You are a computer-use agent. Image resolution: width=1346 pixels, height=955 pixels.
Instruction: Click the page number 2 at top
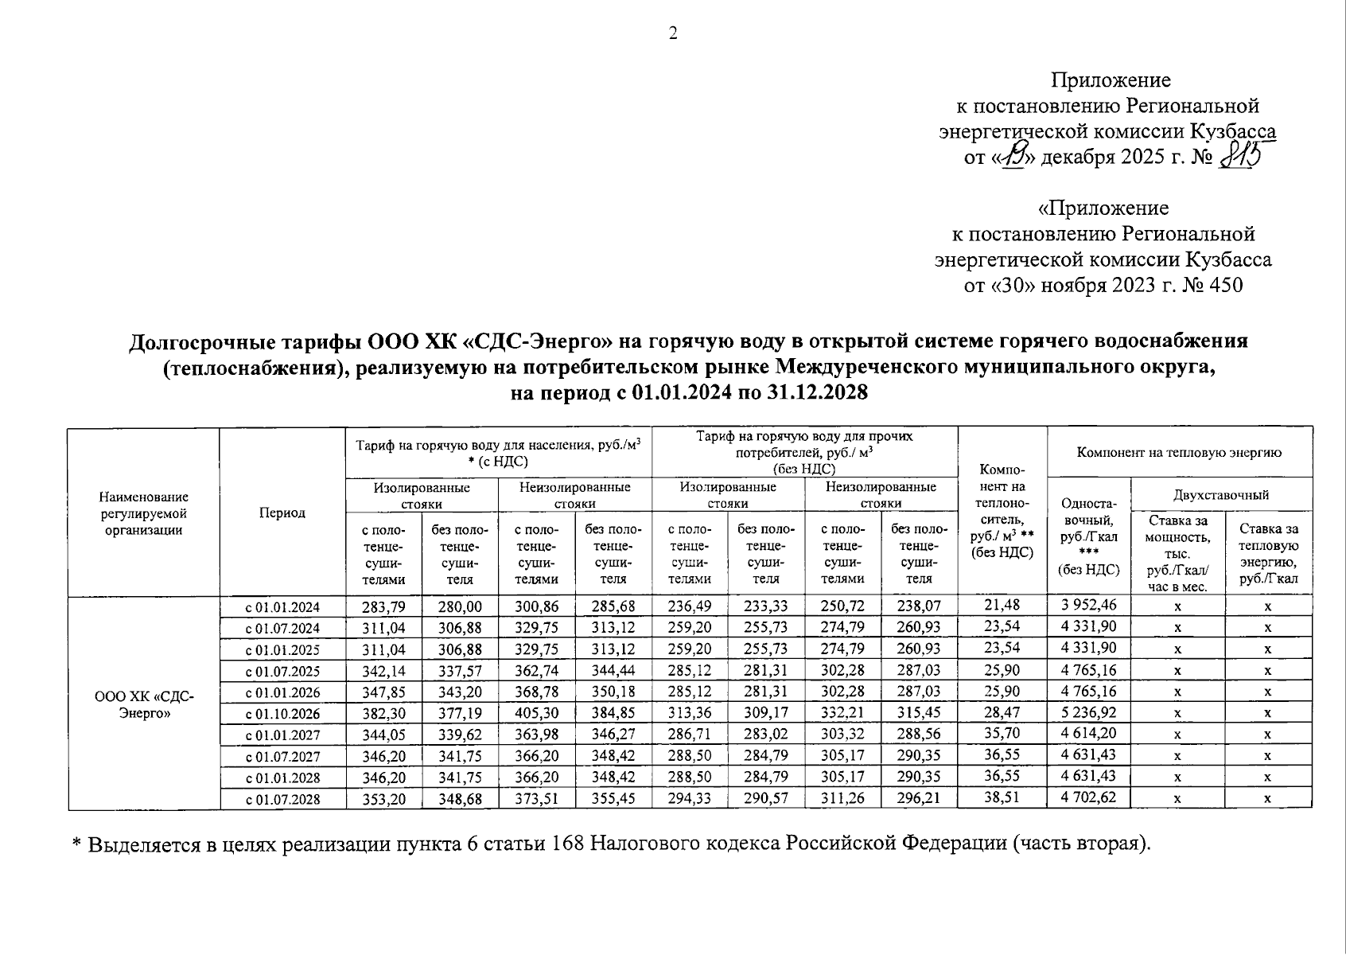coord(672,33)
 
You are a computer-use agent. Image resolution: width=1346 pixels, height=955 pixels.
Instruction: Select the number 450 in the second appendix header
coord(1225,285)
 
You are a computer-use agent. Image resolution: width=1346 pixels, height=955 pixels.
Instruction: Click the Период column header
coord(282,513)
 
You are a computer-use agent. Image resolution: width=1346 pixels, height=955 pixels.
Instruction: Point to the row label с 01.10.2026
coord(283,713)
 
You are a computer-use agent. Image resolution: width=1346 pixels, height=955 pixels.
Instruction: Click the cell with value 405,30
coord(537,713)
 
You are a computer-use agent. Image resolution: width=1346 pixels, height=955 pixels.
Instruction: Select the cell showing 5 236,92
coord(1088,713)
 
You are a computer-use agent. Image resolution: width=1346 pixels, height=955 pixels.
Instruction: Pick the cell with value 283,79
coord(383,606)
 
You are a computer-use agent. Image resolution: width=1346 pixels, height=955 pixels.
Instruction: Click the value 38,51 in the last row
coord(1002,797)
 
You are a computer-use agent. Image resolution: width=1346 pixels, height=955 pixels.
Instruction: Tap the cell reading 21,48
coord(1002,606)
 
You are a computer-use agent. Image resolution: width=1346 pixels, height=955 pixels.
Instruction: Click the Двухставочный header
coord(1220,495)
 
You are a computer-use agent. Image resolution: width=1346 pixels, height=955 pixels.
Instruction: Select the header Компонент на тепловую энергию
coord(1179,452)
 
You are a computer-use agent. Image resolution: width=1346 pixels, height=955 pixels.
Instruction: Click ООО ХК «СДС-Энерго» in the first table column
coord(144,704)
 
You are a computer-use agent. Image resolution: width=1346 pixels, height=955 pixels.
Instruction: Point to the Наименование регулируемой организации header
coord(144,513)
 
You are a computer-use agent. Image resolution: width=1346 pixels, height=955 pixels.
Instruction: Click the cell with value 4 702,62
coord(1088,797)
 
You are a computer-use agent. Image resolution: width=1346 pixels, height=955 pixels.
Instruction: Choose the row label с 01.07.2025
coord(283,671)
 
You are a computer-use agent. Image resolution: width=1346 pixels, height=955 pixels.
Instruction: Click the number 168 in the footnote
coord(566,844)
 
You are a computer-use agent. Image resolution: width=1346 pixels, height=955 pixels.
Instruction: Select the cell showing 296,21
coord(919,797)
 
